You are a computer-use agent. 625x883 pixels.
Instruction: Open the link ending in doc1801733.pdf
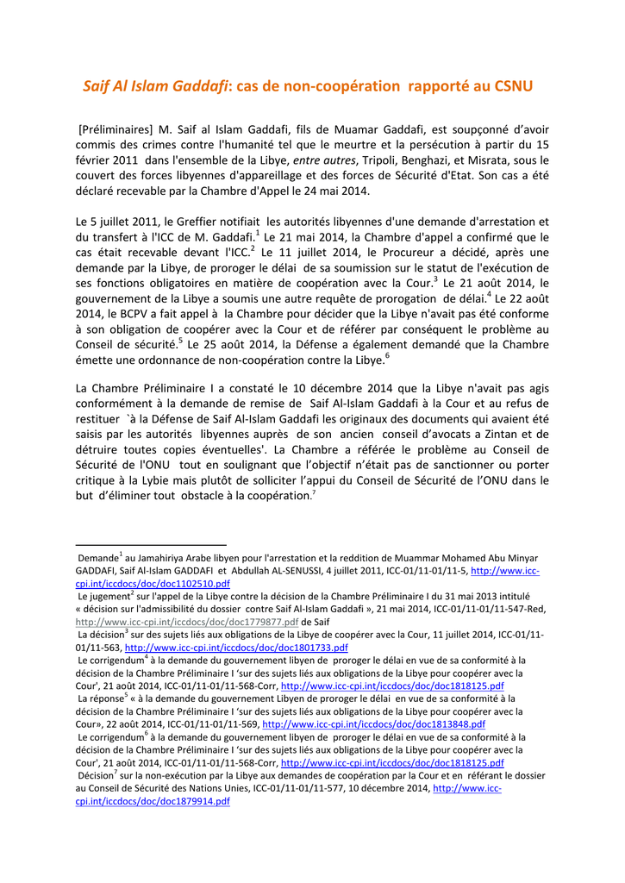[x=236, y=647]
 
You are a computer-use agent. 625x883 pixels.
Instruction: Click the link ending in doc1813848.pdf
[x=373, y=724]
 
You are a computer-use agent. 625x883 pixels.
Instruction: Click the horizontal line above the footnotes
[x=151, y=545]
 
